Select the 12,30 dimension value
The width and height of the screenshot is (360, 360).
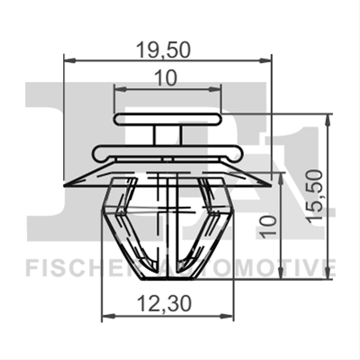164,304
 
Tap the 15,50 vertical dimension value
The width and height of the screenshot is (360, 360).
316,196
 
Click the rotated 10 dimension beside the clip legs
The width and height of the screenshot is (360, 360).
268,227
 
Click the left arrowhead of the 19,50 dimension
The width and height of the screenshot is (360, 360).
69,61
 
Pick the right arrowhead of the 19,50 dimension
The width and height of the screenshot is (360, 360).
265,61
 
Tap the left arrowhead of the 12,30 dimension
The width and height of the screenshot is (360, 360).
108,316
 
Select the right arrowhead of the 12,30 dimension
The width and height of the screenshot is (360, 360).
228,316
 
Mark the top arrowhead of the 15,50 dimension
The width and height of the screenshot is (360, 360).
328,120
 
